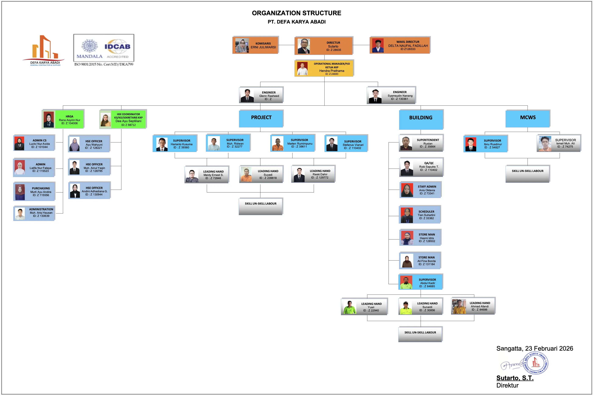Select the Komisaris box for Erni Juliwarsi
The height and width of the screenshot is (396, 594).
pos(255,45)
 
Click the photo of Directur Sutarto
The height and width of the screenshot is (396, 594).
pos(304,46)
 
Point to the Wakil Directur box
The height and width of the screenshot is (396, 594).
pos(400,45)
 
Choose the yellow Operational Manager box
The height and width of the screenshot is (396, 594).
pos(324,68)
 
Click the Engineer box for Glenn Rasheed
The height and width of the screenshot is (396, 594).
pos(261,95)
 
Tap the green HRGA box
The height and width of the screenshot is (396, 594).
pos(63,119)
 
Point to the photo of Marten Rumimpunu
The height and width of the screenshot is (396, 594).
pos(278,144)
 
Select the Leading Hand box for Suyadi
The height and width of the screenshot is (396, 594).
pos(261,174)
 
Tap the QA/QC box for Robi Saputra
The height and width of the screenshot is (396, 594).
pos(421,167)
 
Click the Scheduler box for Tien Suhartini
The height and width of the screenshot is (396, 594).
pos(420,215)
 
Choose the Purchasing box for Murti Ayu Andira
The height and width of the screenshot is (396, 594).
pos(34,192)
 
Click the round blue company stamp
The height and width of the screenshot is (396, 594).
pos(536,363)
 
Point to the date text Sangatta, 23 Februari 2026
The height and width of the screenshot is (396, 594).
pos(534,349)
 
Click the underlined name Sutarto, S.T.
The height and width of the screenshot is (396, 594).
pos(515,378)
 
